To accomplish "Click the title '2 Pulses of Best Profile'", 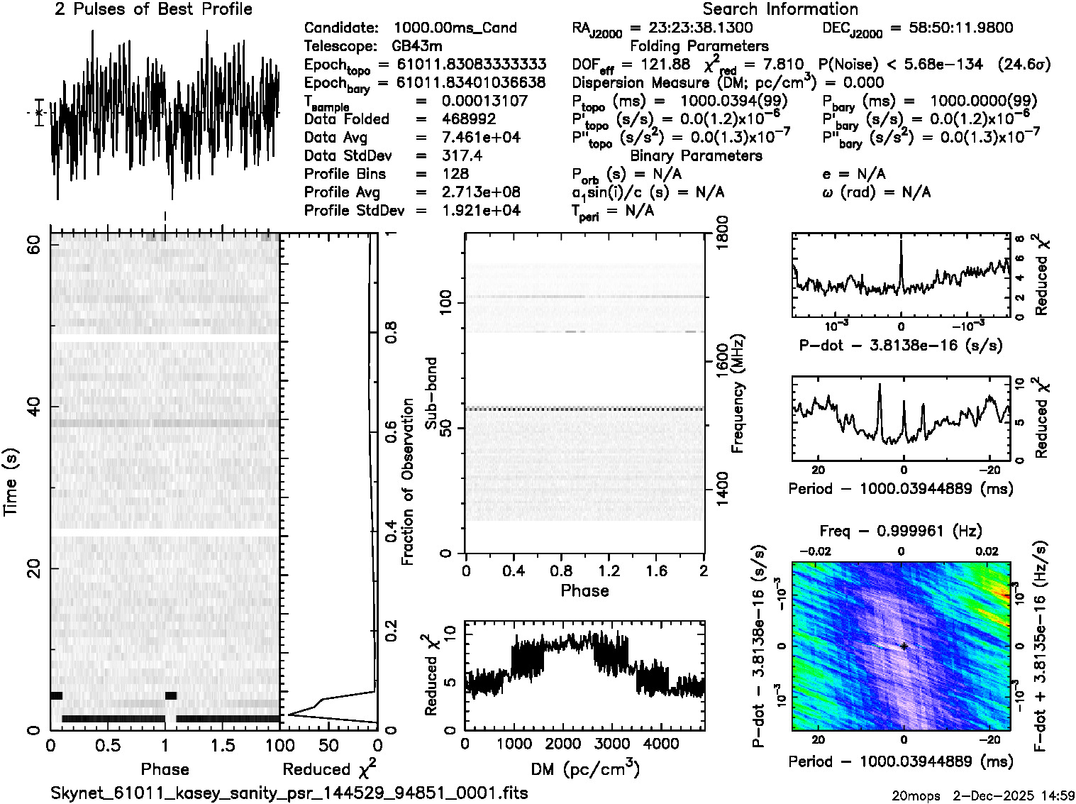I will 153,9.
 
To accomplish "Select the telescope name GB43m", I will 417,46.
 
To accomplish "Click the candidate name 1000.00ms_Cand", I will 455,28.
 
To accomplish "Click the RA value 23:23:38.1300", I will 700,28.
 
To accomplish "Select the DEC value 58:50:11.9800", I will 950,28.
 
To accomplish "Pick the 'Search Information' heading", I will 780,9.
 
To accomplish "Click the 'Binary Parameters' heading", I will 696,155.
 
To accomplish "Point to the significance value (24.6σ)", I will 1024,65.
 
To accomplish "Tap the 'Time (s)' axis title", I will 11,483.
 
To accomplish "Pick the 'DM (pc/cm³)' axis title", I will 584,769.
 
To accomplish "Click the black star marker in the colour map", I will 904,646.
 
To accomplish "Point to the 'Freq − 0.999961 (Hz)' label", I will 901,531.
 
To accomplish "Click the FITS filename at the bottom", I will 289,793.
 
